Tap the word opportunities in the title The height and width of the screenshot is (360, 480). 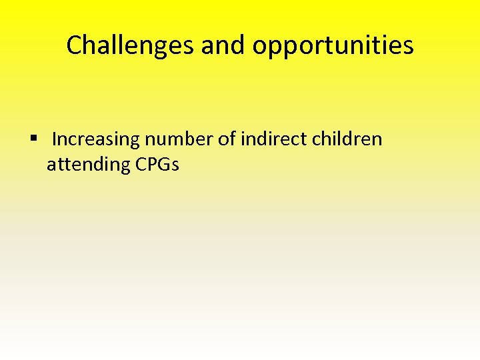point(333,45)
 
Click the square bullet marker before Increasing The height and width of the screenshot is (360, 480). point(33,139)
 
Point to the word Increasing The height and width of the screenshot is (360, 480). point(96,139)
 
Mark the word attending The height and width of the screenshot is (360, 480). point(88,164)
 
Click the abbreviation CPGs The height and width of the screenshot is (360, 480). point(157,164)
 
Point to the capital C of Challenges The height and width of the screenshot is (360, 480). point(74,45)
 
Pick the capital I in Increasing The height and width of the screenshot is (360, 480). point(54,139)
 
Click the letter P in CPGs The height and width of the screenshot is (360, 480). point(151,164)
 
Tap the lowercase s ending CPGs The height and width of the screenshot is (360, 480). point(175,165)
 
